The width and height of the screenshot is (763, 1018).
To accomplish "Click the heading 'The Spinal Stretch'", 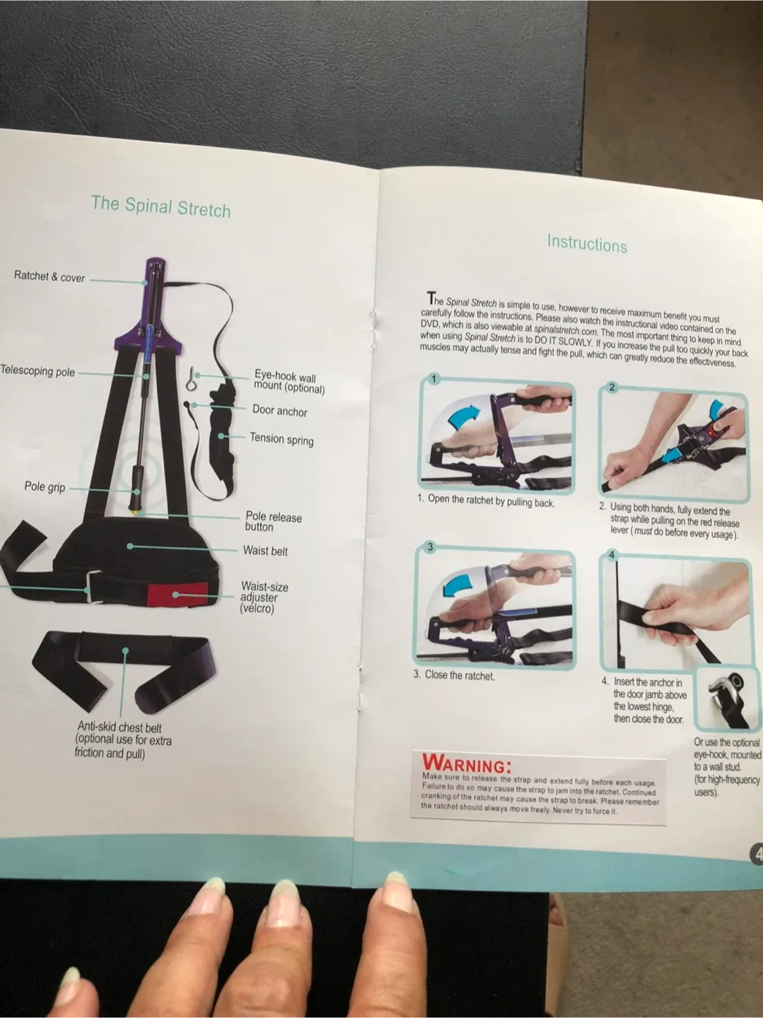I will [x=161, y=206].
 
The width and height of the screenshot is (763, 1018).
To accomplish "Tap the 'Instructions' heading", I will [x=586, y=244].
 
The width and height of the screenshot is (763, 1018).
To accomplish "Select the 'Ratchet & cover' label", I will [x=49, y=276].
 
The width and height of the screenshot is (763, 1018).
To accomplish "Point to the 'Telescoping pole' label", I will [x=37, y=371].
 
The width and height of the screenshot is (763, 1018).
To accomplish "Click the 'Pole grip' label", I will [x=45, y=486].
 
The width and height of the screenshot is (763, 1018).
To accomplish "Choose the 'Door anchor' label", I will [x=280, y=411].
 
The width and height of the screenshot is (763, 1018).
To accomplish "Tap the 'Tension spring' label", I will [x=281, y=439].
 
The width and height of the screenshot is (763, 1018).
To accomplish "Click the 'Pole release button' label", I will [x=273, y=522].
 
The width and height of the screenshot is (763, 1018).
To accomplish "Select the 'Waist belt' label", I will [x=265, y=551].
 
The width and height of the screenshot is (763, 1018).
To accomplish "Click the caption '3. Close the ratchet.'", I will [x=454, y=675].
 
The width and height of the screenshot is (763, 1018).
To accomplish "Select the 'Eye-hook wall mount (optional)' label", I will [x=289, y=382].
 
